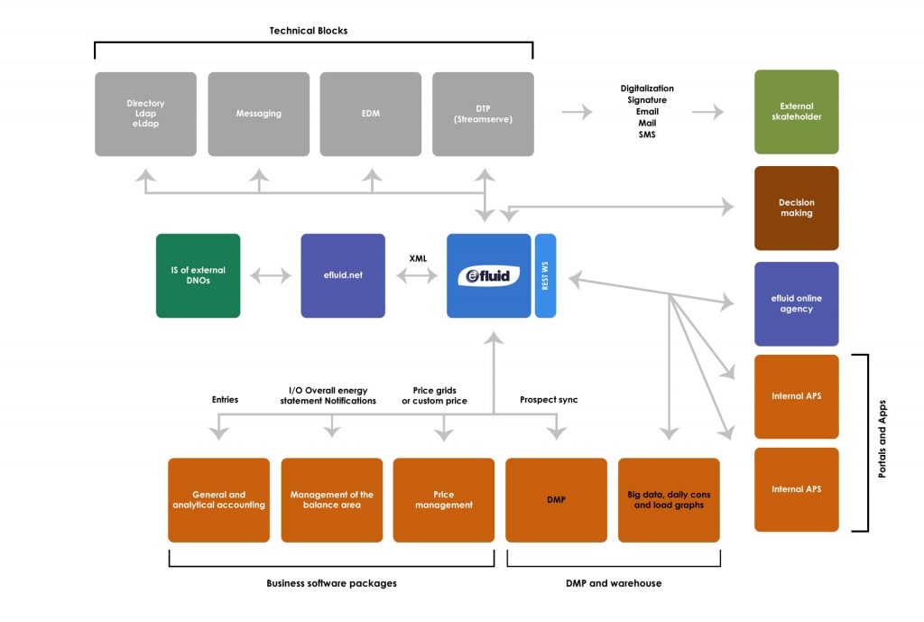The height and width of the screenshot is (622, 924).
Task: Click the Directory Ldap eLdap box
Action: point(145,114)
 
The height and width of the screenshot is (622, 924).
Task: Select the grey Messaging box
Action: point(259,114)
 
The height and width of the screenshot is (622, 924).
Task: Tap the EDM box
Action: point(370,114)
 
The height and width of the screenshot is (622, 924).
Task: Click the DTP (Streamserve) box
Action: point(483,114)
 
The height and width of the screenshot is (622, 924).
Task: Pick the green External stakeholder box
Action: point(797,112)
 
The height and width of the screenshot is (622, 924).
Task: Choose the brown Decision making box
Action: point(797,208)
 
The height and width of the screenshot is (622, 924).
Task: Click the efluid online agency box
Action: point(797,303)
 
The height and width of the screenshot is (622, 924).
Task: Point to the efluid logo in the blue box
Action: point(488,274)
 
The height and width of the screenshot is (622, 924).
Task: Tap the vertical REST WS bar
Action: point(545,275)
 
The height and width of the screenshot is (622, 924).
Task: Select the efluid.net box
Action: point(343,275)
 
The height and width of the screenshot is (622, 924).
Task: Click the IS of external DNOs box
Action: point(199,275)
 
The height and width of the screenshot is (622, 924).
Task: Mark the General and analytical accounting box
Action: point(219,500)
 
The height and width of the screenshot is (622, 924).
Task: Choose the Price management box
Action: point(444,500)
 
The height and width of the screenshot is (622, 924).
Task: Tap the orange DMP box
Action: point(556,500)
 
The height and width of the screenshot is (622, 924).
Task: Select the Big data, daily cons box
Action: point(669,500)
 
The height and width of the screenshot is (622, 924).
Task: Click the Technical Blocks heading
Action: point(309,31)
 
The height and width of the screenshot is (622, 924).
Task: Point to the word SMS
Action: point(647,135)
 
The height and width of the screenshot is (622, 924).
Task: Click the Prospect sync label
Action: point(549,400)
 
